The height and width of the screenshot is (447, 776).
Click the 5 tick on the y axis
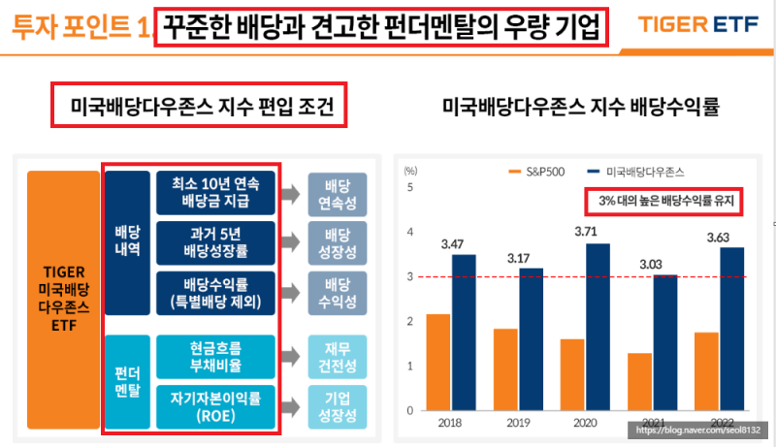pos(410,187)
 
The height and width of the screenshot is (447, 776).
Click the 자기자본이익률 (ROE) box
pos(215,407)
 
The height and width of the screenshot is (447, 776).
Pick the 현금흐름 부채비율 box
pos(215,357)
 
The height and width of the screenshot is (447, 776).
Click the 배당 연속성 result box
pos(337,192)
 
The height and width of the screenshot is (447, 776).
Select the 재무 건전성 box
pos(337,357)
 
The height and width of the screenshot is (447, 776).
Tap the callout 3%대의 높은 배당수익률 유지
pos(663,202)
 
